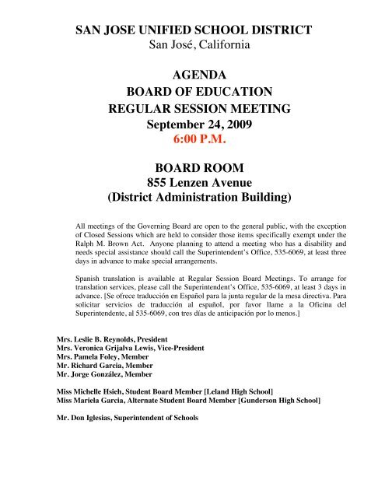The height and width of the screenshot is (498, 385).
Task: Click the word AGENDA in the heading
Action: coord(192,76)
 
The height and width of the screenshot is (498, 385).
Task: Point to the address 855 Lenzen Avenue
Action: coord(192,184)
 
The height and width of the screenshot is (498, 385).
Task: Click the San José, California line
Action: coord(192,45)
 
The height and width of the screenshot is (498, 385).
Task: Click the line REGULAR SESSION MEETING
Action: coord(192,107)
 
